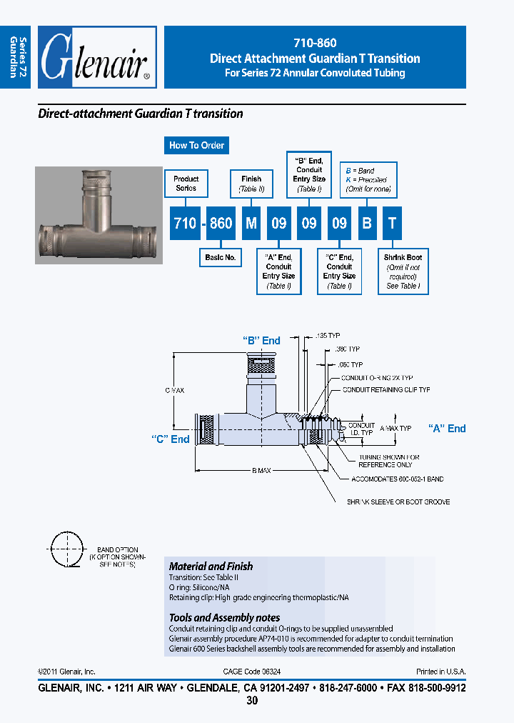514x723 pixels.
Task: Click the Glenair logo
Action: coord(97,58)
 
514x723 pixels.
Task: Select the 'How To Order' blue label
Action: coord(196,145)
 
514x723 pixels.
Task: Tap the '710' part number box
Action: coord(185,223)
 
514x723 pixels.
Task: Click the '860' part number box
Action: coord(221,223)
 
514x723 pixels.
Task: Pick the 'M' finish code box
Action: coord(251,223)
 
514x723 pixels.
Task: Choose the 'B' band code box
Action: coord(366,223)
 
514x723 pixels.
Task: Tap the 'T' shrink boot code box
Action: coord(391,223)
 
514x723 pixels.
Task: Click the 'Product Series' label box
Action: coord(186,184)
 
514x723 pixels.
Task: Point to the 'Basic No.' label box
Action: coord(220,257)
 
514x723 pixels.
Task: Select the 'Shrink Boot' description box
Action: coord(403,271)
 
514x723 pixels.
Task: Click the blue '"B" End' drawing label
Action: coord(261,341)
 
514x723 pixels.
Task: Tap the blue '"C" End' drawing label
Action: coord(171,439)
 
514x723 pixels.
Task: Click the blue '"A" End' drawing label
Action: coord(447,429)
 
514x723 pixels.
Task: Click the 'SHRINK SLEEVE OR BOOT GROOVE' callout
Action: coord(398,502)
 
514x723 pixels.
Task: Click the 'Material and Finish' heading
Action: coord(211,566)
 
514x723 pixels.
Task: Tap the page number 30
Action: coord(252,701)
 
